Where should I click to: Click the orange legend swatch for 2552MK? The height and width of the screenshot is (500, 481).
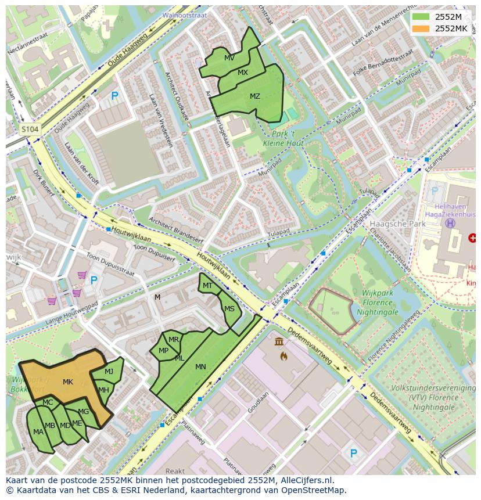(x=422, y=28)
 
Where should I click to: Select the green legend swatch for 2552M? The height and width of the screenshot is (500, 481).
(x=422, y=16)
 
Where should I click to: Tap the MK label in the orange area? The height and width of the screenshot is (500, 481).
(x=68, y=382)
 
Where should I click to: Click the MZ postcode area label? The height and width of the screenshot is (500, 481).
(x=254, y=96)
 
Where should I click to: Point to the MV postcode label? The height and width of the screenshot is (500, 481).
(x=229, y=58)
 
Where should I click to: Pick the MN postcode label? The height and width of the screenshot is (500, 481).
(x=200, y=366)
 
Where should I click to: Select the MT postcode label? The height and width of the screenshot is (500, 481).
(x=207, y=286)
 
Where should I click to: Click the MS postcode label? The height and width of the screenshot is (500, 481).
(x=229, y=309)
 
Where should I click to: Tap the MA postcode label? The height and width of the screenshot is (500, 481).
(x=38, y=431)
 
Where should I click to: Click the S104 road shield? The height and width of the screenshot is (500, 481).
(x=30, y=130)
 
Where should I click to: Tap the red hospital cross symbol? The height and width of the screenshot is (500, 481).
(x=472, y=238)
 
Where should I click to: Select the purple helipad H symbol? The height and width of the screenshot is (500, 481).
(x=450, y=223)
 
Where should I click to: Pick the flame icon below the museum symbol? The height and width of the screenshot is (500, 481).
(x=283, y=355)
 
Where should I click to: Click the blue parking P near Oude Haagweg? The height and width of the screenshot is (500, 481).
(x=114, y=96)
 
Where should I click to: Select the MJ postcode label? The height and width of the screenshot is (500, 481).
(x=109, y=372)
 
